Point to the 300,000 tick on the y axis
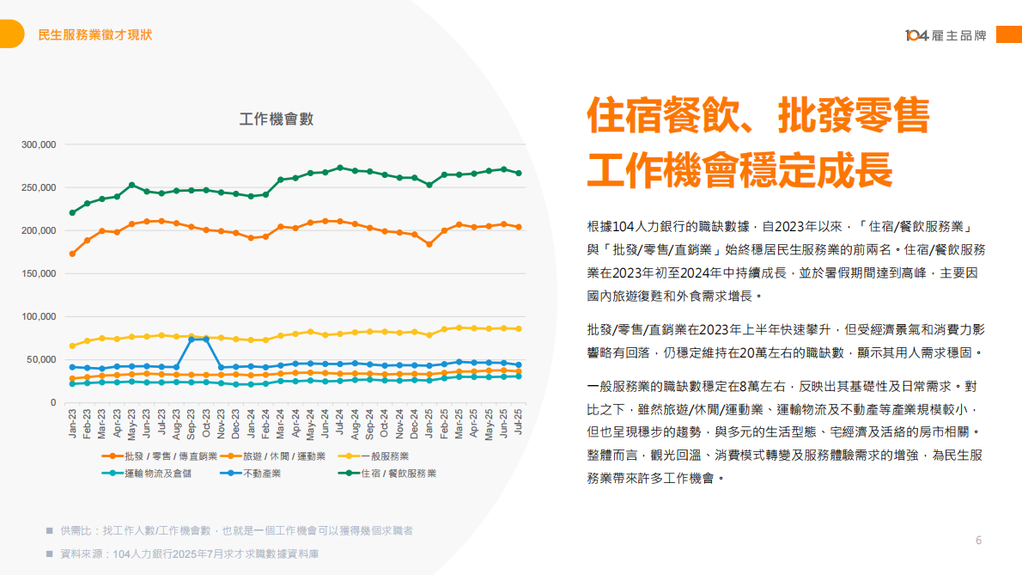39,144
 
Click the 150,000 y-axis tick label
39,273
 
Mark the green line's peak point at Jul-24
340,168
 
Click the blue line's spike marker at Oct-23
206,339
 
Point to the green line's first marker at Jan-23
72,212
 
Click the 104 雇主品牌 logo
946,35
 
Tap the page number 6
978,541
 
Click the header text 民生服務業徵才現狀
95,35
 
